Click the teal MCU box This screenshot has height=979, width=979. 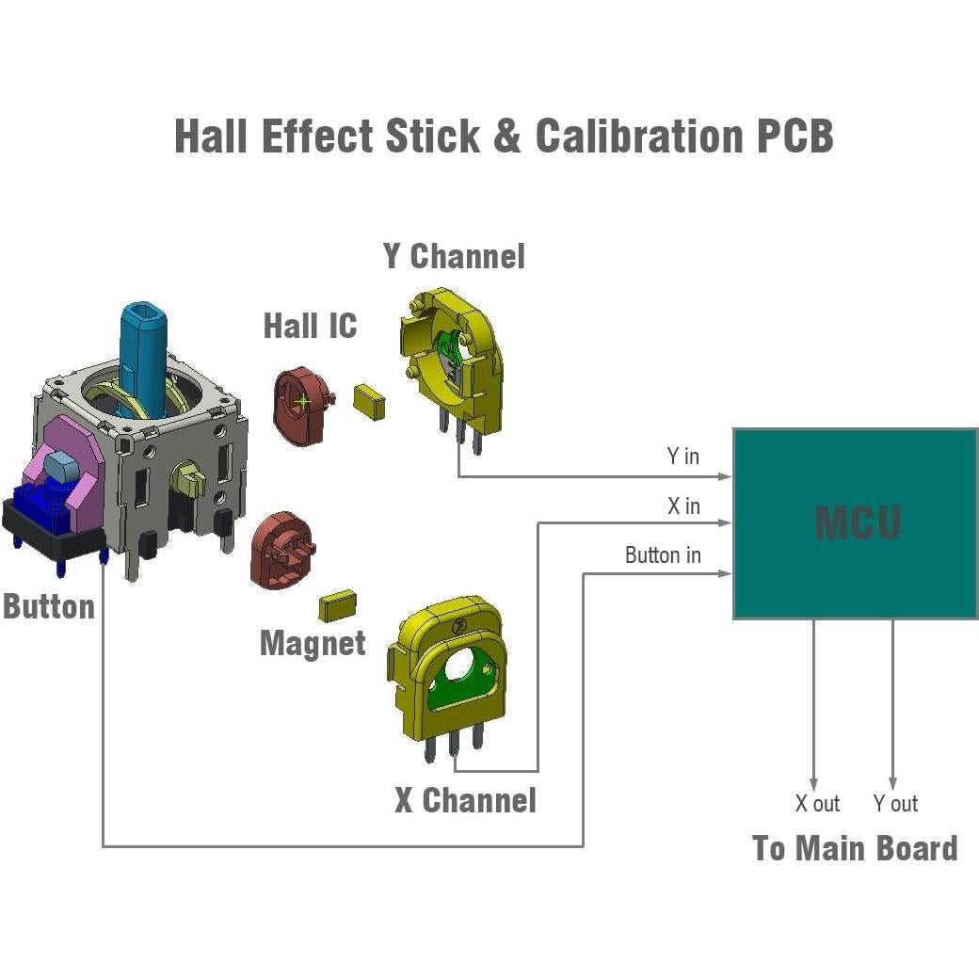855,523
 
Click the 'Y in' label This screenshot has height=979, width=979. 682,457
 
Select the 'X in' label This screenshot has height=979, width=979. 683,506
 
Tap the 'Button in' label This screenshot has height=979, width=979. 663,555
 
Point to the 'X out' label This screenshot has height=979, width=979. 816,804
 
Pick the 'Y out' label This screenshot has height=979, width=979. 894,804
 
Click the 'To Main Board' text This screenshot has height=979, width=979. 855,848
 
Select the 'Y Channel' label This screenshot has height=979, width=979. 454,256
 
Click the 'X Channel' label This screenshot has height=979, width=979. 465,801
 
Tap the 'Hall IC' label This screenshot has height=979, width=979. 310,327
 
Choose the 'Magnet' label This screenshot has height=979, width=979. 313,644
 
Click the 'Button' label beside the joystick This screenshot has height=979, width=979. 49,606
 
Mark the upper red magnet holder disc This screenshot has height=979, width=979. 300,406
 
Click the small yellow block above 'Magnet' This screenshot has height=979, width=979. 337,605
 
